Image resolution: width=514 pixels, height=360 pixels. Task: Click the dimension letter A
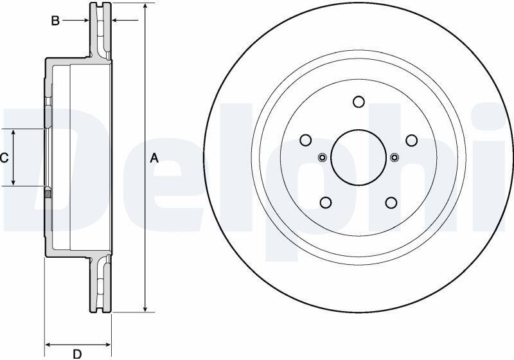click(x=154, y=158)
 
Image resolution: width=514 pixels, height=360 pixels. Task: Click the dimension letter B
click(x=55, y=21)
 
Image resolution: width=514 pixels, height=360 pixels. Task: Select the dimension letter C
click(x=4, y=158)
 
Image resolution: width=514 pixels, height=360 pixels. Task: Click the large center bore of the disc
click(x=359, y=157)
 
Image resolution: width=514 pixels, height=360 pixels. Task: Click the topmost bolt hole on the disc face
click(x=359, y=102)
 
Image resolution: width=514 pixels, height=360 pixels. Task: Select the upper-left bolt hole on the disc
click(x=306, y=140)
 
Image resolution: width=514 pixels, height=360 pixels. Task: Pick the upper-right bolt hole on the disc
click(x=412, y=140)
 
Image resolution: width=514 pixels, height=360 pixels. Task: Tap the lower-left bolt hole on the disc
click(x=326, y=203)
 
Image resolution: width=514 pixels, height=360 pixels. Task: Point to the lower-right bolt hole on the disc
click(x=391, y=203)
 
